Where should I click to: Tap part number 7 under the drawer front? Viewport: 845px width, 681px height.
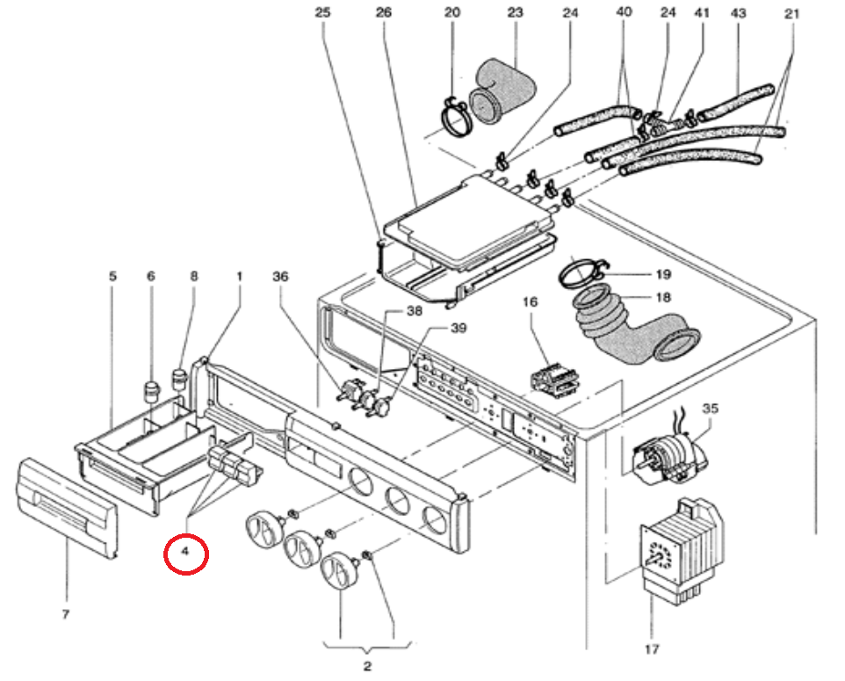65,614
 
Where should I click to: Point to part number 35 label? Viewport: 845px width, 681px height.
710,409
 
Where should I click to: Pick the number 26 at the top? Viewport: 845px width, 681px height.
382,14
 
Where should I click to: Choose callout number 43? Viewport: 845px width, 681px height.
738,14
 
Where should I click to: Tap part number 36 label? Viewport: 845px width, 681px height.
280,277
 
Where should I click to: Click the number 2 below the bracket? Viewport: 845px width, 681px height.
367,665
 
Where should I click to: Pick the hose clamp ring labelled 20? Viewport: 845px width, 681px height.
455,118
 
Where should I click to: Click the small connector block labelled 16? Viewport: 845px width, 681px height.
552,380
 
